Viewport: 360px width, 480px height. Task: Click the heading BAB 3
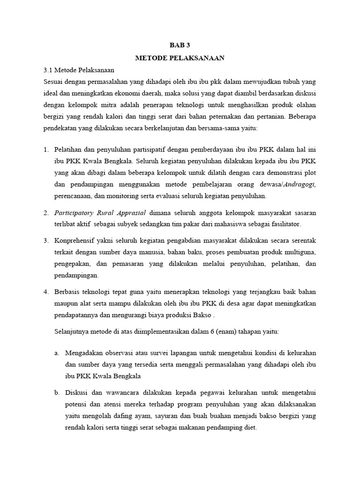click(x=180, y=46)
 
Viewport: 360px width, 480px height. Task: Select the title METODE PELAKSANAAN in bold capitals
click(x=180, y=58)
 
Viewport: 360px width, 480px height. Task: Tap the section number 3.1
click(x=48, y=70)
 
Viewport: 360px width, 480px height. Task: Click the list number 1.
click(x=46, y=150)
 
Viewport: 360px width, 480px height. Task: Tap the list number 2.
click(x=46, y=213)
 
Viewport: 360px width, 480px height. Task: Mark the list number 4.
click(x=46, y=292)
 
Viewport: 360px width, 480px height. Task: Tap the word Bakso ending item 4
click(x=195, y=315)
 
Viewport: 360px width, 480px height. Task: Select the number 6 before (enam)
click(x=211, y=331)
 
